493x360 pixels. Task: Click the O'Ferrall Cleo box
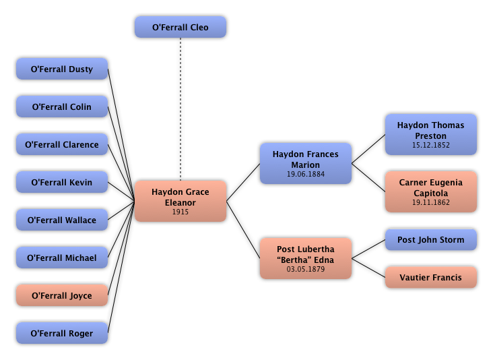(180, 28)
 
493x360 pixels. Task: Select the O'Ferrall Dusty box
(62, 69)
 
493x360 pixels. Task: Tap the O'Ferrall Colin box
(62, 107)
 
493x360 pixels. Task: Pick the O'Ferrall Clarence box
(62, 145)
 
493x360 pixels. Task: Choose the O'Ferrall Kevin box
(62, 183)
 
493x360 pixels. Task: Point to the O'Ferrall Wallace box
(62, 220)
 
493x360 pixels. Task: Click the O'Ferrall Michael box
(62, 258)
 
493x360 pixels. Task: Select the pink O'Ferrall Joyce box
(62, 296)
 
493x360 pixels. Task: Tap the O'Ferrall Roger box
(62, 334)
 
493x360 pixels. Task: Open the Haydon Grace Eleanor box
(180, 198)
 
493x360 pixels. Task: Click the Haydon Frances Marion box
(306, 160)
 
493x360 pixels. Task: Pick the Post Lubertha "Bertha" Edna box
(306, 255)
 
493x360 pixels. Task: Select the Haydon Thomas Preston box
(431, 131)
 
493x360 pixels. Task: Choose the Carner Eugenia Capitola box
(431, 188)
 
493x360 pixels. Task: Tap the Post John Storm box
(431, 240)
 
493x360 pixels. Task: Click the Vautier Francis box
(431, 278)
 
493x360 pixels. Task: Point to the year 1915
(180, 212)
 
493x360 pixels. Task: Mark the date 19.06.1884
(306, 175)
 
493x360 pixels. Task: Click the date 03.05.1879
(306, 270)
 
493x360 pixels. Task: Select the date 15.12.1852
(431, 146)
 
